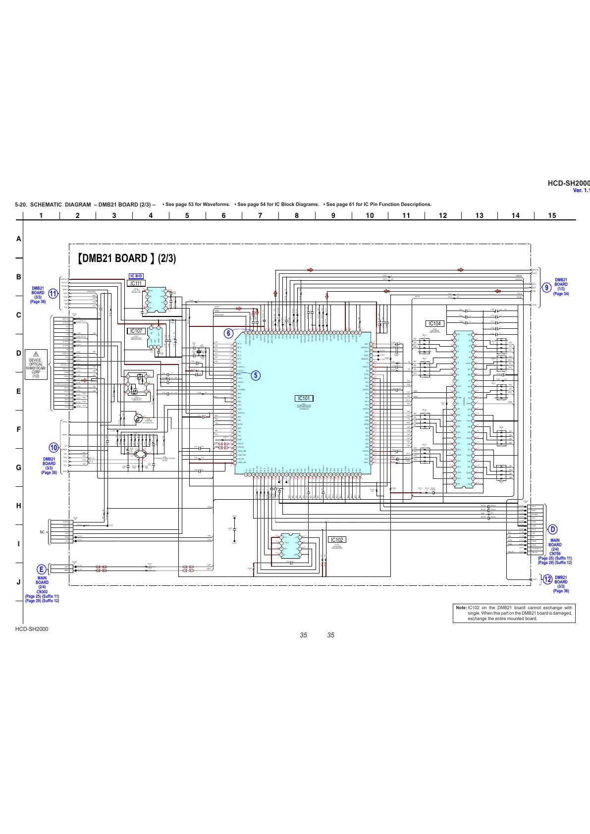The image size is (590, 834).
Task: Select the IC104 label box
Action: click(x=436, y=323)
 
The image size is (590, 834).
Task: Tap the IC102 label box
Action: click(x=336, y=540)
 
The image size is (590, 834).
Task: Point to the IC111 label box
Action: click(x=136, y=283)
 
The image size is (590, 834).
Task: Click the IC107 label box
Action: click(x=135, y=331)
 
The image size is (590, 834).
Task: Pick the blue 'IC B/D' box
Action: click(x=136, y=276)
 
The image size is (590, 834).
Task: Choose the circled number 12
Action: click(x=547, y=579)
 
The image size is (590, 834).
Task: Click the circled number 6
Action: click(x=228, y=333)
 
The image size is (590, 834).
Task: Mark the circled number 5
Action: click(x=255, y=375)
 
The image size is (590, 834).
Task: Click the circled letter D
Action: click(x=553, y=529)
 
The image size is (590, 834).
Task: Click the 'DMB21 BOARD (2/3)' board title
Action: click(x=127, y=259)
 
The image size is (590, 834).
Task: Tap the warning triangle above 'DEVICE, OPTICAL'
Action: click(x=36, y=354)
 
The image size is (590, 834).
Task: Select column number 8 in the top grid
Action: click(x=297, y=215)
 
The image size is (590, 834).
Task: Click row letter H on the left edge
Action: click(x=19, y=506)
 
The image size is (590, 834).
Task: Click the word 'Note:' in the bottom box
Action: click(x=461, y=608)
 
